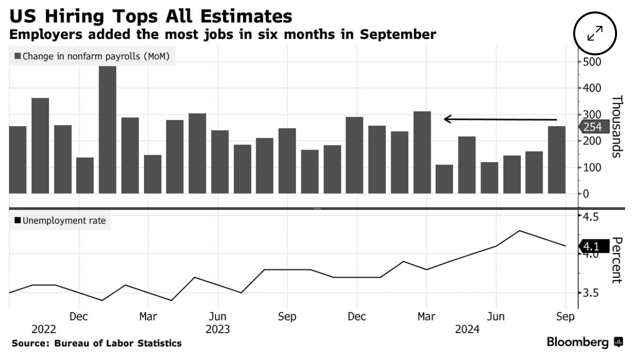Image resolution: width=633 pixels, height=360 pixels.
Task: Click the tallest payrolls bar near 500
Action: pos(108,129)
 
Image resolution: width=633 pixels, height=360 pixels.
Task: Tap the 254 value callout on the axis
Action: pos(592,127)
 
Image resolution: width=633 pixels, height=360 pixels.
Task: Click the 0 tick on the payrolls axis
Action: pos(586,193)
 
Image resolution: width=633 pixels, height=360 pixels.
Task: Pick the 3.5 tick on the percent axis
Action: pos(592,293)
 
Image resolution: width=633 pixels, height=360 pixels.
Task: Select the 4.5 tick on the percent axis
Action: pos(592,217)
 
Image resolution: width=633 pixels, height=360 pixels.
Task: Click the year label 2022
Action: pos(44,330)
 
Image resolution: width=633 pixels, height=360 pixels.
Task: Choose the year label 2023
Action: pos(217,330)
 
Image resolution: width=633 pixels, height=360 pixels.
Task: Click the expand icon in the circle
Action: pos(595,34)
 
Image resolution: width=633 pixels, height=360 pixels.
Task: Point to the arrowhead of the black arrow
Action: pos(445,119)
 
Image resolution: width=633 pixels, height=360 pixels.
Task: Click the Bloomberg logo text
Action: pos(578,343)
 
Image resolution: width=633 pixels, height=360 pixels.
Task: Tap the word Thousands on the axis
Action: pos(617,126)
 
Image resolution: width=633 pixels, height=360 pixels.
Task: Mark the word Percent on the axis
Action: pos(617,260)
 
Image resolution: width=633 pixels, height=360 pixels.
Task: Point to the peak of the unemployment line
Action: pos(520,230)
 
